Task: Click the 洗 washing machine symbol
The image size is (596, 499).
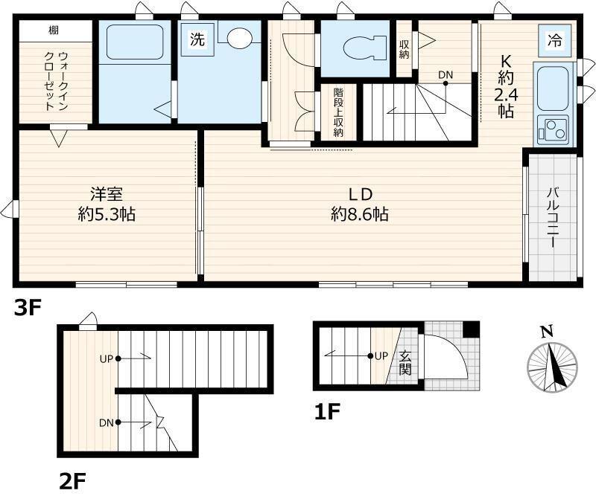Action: [197, 40]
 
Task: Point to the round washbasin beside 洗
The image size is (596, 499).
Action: [240, 39]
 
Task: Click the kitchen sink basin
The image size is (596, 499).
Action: [551, 88]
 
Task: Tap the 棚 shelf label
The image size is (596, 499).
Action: [54, 30]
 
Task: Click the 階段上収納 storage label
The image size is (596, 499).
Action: [337, 112]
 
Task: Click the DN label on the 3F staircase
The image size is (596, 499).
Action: [446, 74]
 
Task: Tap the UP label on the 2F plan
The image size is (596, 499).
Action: [106, 358]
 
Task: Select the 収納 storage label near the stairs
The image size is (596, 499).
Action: [404, 51]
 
